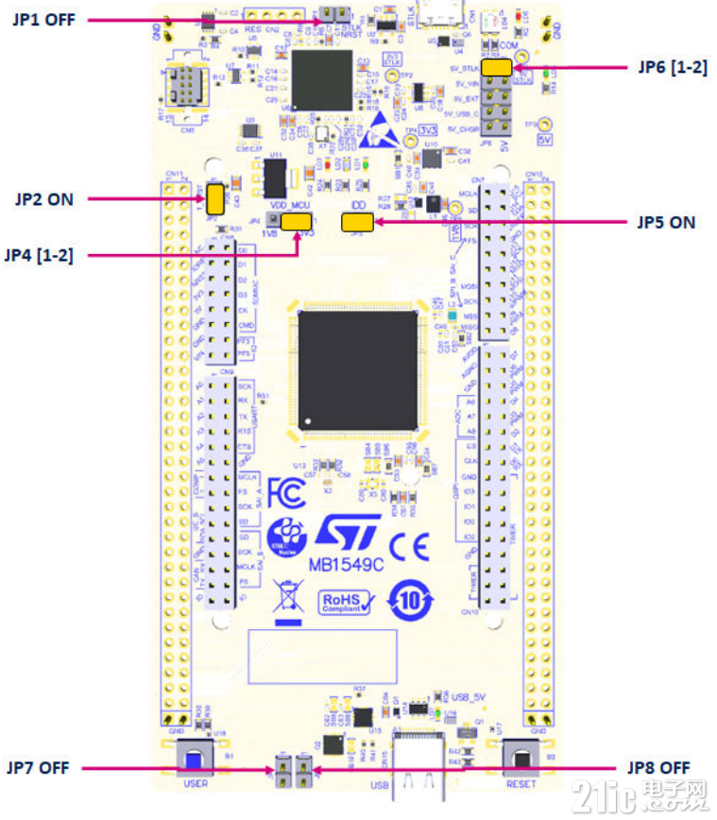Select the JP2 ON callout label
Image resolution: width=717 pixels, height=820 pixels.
click(x=43, y=198)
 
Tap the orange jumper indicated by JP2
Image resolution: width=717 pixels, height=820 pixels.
click(x=215, y=198)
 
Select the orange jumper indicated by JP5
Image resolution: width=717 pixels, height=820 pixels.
click(x=357, y=222)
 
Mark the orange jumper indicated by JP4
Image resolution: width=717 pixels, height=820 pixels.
click(x=297, y=221)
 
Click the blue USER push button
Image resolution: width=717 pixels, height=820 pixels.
click(x=193, y=760)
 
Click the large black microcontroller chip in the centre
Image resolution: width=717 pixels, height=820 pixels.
click(x=357, y=369)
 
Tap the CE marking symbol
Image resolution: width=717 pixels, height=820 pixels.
click(x=409, y=546)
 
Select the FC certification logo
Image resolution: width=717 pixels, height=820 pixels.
click(x=286, y=492)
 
